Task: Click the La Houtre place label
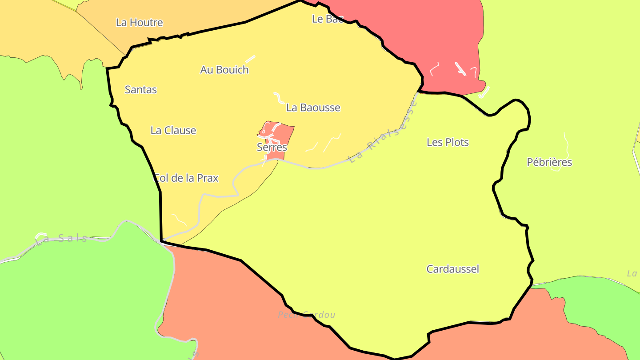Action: click(139, 22)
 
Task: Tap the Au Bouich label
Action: click(224, 70)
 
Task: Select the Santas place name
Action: click(140, 89)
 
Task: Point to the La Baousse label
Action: click(313, 107)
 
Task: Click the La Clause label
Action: click(173, 130)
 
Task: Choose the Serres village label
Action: click(272, 147)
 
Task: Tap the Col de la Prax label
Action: click(186, 178)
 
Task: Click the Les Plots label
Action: click(448, 142)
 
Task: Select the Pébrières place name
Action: click(549, 162)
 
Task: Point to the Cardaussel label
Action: click(452, 269)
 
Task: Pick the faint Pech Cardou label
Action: click(306, 315)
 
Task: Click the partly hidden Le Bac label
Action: click(327, 19)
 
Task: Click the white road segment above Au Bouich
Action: click(250, 59)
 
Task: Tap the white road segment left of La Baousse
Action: click(278, 97)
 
